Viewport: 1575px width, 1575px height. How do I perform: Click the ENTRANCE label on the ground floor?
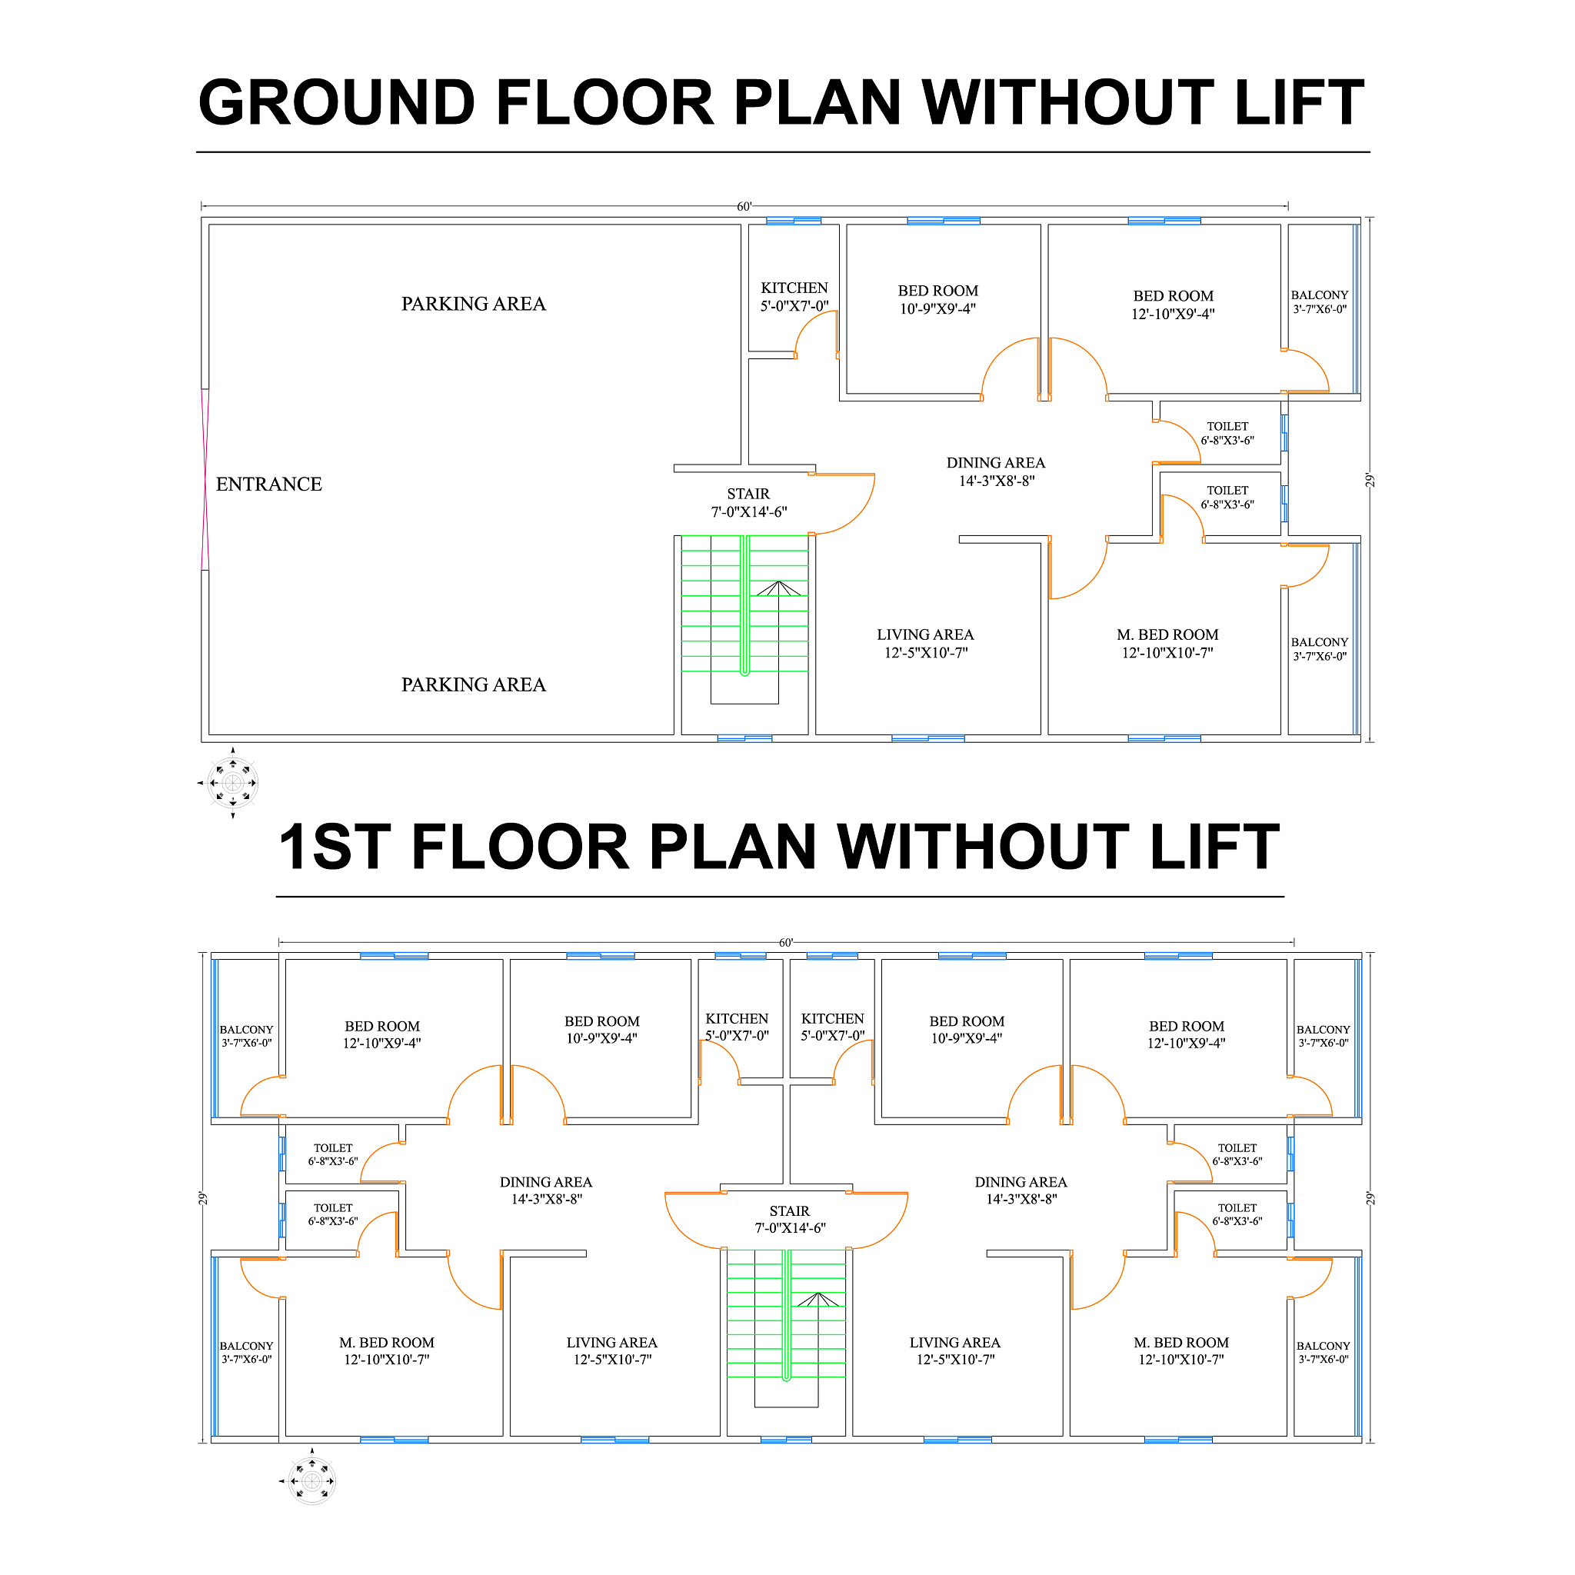[x=269, y=484]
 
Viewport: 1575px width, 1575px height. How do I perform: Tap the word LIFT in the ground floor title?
[x=1299, y=103]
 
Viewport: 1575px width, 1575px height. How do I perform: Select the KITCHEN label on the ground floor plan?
[x=794, y=288]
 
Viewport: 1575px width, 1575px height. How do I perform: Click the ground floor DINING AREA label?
[x=995, y=463]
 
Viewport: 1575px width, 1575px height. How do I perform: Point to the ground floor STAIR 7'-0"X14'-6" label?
[x=748, y=503]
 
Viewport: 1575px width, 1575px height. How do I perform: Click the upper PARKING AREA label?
[x=474, y=304]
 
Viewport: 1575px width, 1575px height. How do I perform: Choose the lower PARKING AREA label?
[x=474, y=684]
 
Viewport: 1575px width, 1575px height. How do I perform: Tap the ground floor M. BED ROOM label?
[x=1167, y=635]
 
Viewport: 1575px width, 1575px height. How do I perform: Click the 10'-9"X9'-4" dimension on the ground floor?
[x=937, y=309]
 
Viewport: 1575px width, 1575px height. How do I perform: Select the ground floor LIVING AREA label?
[x=925, y=635]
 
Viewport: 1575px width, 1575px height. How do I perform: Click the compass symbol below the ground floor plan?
[x=233, y=784]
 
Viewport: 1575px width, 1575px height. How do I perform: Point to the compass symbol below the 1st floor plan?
[x=312, y=1481]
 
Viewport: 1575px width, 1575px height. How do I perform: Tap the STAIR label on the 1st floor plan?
[x=789, y=1211]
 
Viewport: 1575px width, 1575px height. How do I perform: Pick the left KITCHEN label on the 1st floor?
[x=737, y=1019]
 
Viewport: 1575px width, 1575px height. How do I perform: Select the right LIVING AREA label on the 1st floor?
[x=954, y=1343]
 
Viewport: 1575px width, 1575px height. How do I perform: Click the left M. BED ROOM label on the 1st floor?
[x=386, y=1343]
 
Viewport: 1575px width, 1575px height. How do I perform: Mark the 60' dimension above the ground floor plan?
[x=744, y=207]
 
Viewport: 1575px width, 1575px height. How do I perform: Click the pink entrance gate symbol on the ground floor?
[x=205, y=479]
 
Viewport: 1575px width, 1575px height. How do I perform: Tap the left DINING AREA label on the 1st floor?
[x=545, y=1182]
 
